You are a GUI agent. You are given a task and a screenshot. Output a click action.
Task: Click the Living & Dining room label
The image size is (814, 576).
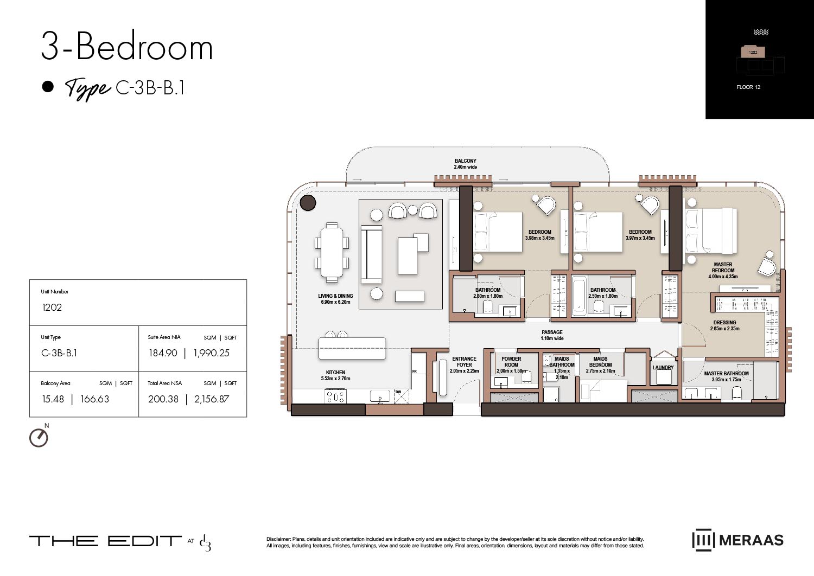tap(335, 299)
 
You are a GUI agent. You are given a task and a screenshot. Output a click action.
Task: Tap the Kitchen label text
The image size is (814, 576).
tap(335, 375)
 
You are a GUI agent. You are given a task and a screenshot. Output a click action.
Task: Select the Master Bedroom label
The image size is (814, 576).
tap(723, 271)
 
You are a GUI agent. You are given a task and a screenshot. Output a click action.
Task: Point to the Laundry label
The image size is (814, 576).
tap(663, 368)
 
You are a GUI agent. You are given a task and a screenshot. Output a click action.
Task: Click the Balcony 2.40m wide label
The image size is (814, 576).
tap(465, 164)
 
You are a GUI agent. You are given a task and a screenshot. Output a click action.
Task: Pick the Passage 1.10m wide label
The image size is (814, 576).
tap(552, 335)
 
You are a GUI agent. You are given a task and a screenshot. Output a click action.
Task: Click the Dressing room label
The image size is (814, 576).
tap(724, 325)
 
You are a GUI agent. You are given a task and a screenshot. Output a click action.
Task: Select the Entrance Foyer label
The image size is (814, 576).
tap(465, 364)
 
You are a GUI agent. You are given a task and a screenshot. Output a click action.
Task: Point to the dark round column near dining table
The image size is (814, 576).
tap(308, 203)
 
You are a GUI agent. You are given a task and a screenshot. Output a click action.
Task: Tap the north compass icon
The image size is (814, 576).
tap(39, 437)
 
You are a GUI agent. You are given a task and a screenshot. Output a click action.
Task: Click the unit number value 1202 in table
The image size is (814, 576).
tap(52, 308)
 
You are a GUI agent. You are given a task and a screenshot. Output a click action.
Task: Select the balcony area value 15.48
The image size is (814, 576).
tap(53, 399)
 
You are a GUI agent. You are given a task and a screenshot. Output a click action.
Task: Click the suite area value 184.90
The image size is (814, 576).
tap(163, 353)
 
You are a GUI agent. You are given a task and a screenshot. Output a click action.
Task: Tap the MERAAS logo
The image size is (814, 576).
tap(738, 540)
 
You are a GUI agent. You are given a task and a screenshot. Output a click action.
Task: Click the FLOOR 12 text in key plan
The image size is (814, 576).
tap(748, 87)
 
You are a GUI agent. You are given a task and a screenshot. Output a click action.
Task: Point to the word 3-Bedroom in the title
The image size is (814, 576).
tap(127, 47)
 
